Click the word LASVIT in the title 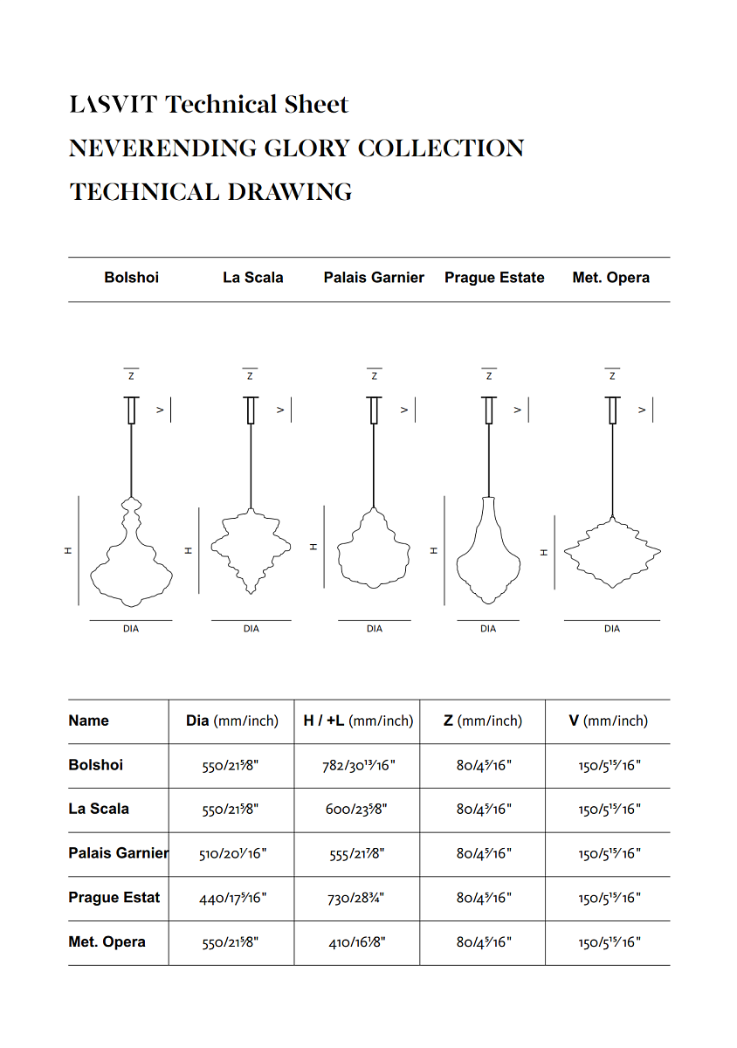(114, 105)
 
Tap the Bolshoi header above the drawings (131, 278)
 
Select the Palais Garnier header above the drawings (374, 278)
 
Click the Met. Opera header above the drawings (611, 278)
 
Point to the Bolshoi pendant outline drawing (131, 555)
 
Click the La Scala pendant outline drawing (251, 550)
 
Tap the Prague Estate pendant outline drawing (488, 550)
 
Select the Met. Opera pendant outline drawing (612, 552)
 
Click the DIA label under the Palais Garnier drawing (375, 629)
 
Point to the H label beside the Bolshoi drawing (67, 550)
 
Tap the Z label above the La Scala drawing (251, 376)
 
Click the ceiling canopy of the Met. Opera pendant (612, 410)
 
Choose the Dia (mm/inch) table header (231, 721)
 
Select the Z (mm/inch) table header (482, 721)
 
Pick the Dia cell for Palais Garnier (231, 854)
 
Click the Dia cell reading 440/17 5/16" (231, 899)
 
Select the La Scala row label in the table (99, 810)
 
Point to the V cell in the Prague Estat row (609, 899)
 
